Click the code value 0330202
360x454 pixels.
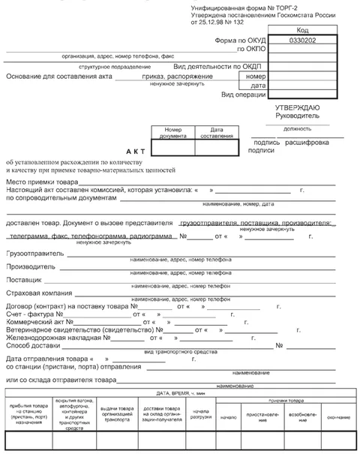click(303, 39)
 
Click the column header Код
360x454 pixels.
click(303, 29)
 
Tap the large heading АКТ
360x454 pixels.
click(134, 150)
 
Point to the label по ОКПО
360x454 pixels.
click(252, 49)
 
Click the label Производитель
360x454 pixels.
click(30, 266)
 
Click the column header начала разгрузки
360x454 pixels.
click(199, 413)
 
